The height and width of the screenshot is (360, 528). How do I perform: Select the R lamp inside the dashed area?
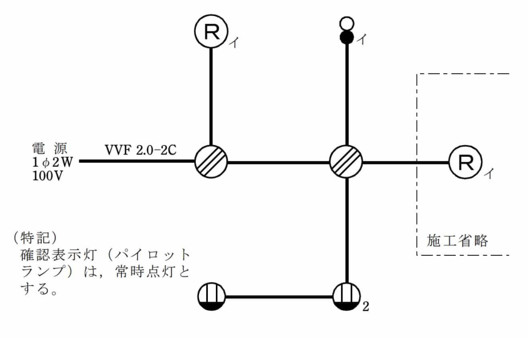[464, 162]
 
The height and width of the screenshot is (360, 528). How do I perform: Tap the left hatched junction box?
[211, 162]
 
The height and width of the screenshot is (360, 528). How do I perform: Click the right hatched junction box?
[346, 162]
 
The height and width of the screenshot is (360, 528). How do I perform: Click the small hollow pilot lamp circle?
[346, 23]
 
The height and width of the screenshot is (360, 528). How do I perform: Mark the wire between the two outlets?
[279, 297]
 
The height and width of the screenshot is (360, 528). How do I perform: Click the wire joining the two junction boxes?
[279, 163]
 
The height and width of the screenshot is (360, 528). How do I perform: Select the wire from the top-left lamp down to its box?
[211, 96]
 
